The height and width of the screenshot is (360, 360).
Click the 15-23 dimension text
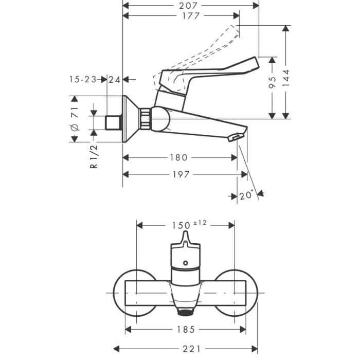click(83, 79)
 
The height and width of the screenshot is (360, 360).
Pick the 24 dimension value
click(115, 79)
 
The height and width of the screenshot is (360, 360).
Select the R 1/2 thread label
click(94, 156)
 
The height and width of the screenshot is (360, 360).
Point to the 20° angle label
click(246, 195)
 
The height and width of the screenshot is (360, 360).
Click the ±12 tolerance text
click(200, 222)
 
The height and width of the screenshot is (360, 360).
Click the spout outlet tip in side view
click(235, 138)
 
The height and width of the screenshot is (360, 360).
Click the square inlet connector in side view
click(113, 122)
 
